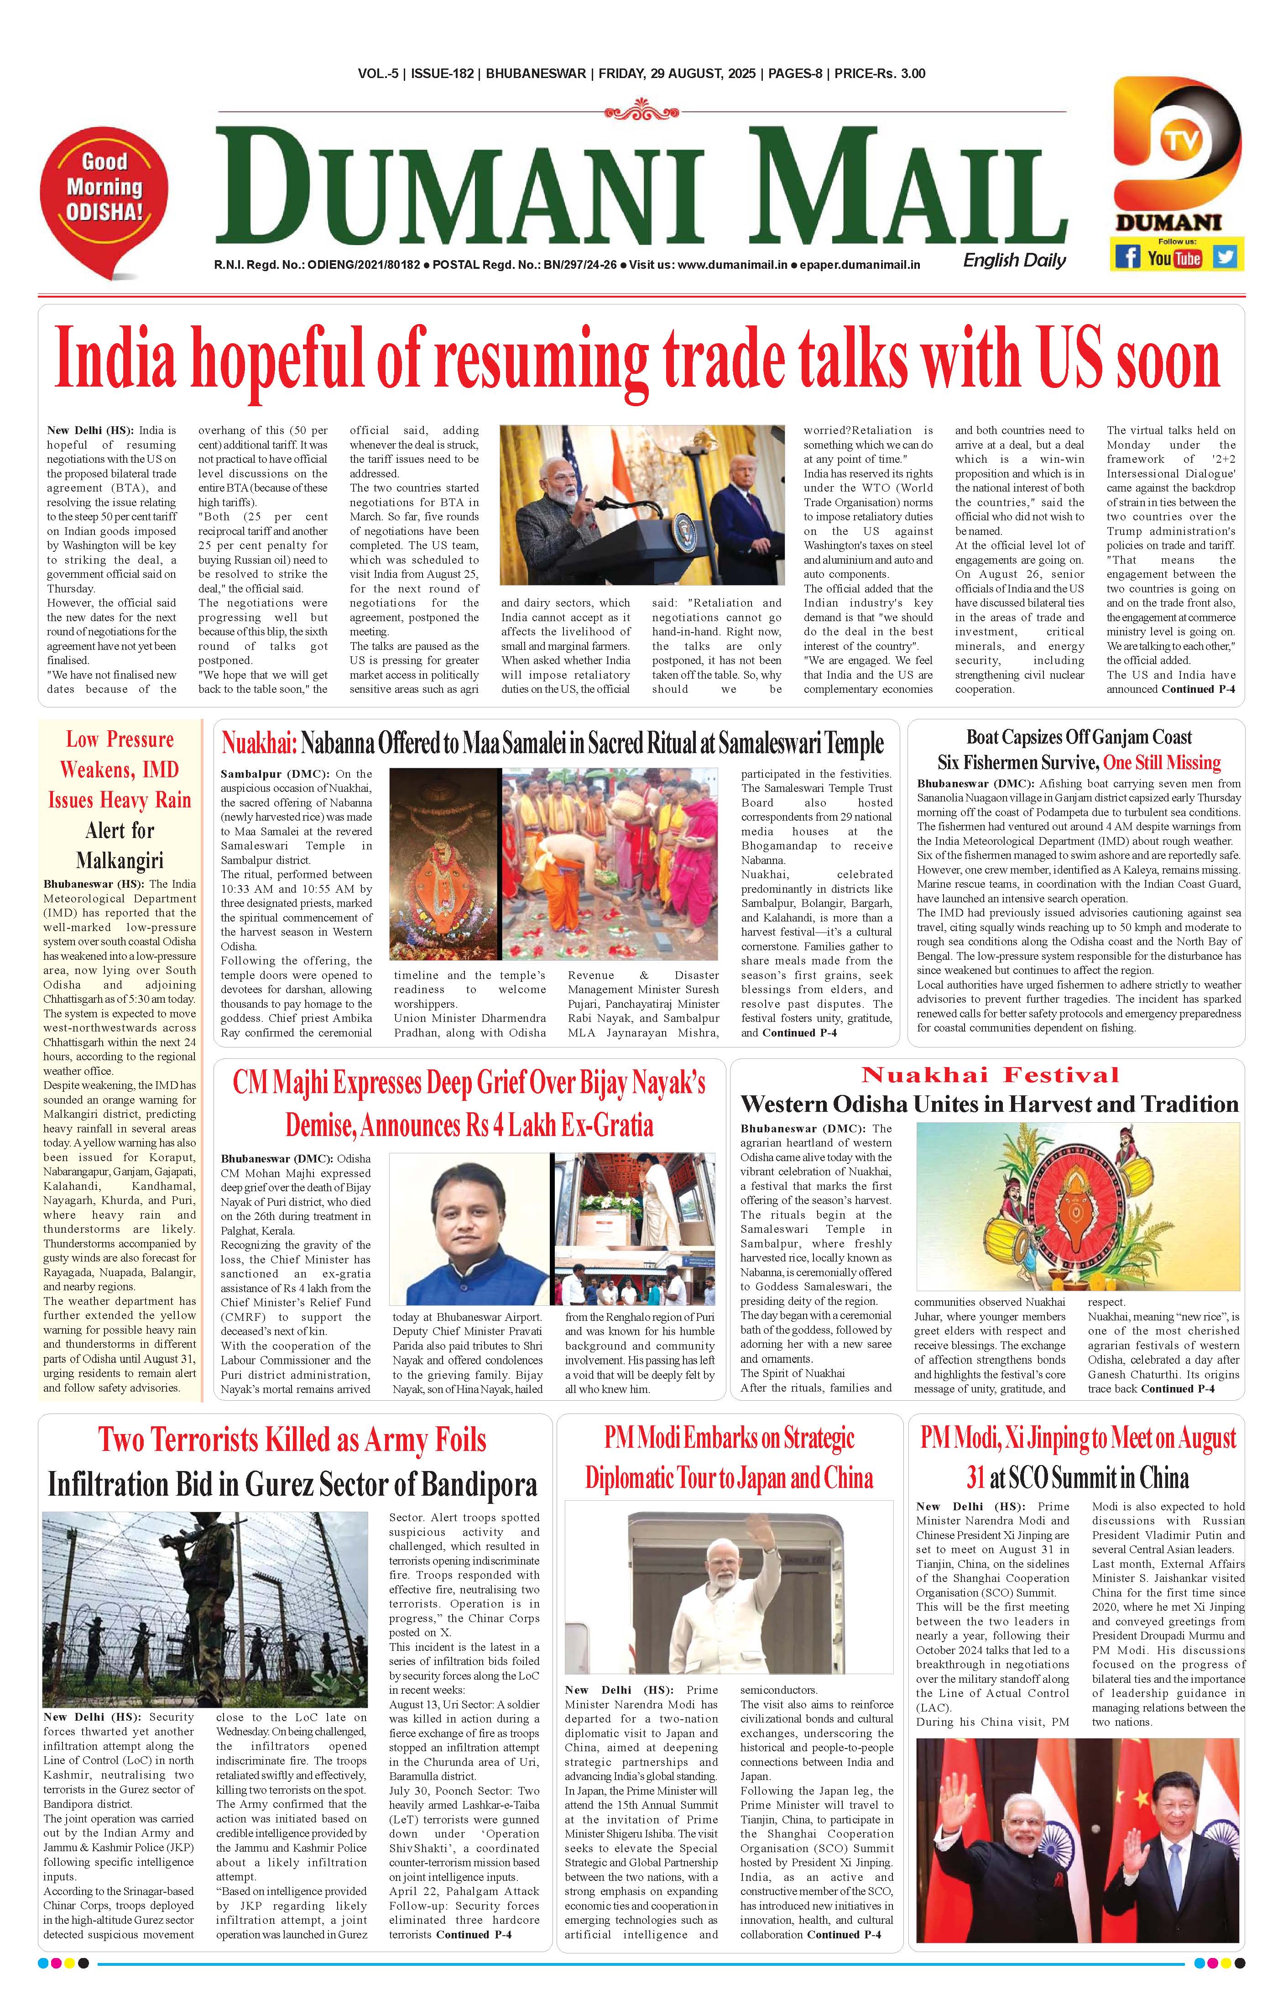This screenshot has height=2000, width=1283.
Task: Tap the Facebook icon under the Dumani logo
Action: pyautogui.click(x=1127, y=257)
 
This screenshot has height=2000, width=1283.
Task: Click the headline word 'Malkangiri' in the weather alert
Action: pyautogui.click(x=120, y=860)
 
